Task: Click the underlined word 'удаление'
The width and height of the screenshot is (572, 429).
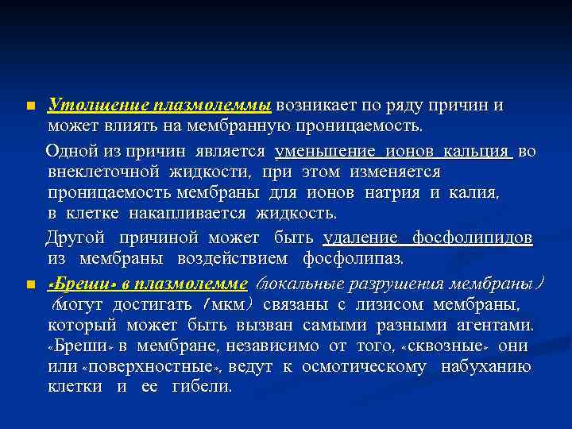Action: pos(361,238)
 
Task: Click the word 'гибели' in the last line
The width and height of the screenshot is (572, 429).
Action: pos(206,388)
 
